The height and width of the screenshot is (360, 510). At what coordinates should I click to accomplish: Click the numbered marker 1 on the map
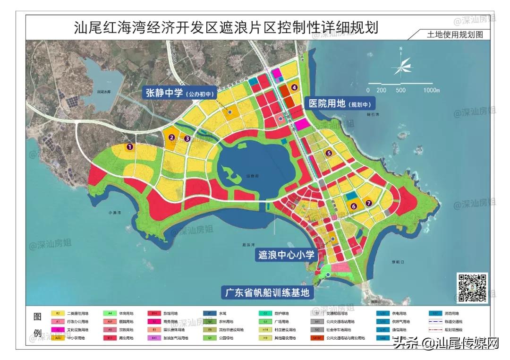pos(129,147)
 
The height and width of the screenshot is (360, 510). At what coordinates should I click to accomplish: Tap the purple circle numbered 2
pos(172,137)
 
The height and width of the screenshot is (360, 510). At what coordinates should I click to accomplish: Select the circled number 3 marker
pos(187,138)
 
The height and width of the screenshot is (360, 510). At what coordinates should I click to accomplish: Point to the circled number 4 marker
pos(294,87)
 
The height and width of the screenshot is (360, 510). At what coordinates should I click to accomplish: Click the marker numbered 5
pos(328,153)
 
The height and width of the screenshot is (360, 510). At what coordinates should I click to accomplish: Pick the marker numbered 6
pos(353,206)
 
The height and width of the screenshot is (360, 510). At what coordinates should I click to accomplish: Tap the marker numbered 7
pos(369,203)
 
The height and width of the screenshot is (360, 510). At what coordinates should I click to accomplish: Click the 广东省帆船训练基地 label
pos(267,292)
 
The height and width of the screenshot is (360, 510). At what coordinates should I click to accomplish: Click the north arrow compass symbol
pos(401,67)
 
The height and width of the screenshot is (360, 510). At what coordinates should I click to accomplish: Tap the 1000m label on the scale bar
pos(432,90)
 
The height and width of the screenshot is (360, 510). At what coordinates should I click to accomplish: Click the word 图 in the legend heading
pos(37,316)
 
